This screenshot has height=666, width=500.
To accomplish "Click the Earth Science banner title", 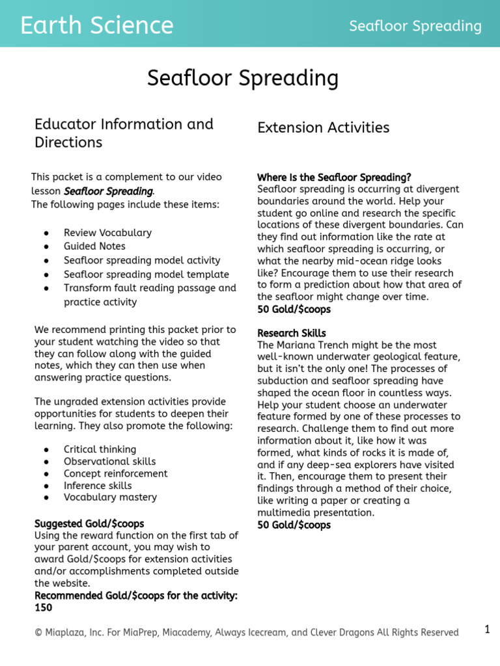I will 97,25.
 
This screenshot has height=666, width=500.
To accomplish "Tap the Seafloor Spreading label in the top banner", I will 415,26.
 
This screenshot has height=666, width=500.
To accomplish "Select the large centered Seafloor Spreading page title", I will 243,79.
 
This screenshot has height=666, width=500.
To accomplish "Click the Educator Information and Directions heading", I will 124,133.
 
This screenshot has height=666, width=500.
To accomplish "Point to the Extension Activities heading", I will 323,127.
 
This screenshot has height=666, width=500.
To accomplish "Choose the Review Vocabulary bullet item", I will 107,232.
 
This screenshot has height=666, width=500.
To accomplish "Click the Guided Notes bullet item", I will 94,246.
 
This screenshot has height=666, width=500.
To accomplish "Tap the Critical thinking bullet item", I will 100,449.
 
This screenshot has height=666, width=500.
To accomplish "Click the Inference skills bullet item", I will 97,485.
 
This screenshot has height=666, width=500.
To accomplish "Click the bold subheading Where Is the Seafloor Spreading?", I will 334,177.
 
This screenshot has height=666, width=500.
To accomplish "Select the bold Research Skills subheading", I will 292,333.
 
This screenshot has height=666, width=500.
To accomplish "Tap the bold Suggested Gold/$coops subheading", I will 89,524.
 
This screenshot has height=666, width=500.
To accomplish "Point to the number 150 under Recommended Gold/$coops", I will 43,607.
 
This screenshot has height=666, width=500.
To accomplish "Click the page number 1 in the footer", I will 486,629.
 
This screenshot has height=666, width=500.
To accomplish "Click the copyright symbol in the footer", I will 38,633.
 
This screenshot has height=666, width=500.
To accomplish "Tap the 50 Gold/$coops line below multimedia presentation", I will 294,525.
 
